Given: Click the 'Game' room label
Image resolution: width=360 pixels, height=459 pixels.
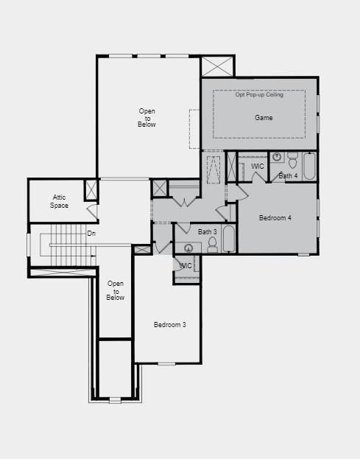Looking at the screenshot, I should pos(264,118).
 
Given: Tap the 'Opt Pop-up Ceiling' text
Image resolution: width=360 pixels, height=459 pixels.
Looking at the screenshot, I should pos(259,95).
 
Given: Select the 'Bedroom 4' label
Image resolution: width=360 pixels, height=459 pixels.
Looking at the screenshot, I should pos(275,218).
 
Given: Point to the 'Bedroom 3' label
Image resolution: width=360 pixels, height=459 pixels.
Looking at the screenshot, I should pos(169,325).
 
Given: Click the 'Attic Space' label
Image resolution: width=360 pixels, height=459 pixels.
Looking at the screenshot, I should pos(60,201).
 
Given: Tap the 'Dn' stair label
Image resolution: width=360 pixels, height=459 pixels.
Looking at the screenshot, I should pos(91,234).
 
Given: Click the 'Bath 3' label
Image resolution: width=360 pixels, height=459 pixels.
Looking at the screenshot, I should pos(208,232).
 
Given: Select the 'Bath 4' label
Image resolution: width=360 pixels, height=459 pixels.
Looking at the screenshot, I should pos(288,176).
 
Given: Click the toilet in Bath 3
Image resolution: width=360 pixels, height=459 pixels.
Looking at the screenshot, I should pos(212,246).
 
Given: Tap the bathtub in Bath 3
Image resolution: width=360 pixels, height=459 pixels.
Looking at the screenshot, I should pos(228,239).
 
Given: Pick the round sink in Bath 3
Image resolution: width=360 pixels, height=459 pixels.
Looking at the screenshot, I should pos(188,248).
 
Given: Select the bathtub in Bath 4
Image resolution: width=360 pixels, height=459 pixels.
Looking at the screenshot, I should pos(309,167).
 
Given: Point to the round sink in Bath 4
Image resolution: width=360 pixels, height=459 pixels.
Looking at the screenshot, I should pos(277,157).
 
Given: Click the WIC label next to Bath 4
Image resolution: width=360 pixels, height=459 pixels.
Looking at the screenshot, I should pos(258,167).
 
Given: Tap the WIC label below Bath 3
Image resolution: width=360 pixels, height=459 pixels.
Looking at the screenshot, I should pos(186,266).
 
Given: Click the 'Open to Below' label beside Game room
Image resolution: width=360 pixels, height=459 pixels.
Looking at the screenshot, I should pos(147,118).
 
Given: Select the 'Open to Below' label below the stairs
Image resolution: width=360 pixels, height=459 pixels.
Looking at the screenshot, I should pos(116,290).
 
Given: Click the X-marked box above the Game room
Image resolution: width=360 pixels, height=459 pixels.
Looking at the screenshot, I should pos(217,66).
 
